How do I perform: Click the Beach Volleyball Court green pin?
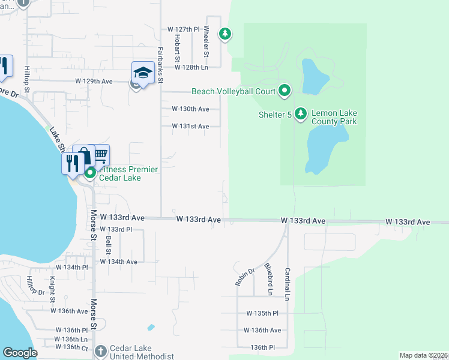point(285,91)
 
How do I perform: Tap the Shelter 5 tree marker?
point(301,113)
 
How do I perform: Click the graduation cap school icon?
point(143,73)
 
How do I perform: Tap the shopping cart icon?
point(100,155)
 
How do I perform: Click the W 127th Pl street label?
point(183,29)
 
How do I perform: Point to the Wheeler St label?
point(206,41)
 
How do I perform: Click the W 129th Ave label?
point(94,81)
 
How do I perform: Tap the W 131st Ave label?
point(190,127)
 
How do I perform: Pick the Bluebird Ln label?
point(268,279)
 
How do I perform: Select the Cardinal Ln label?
point(288,284)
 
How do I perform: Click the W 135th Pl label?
point(262,313)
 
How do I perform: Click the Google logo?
point(20,353)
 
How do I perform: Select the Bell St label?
point(109,244)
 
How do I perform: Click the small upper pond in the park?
point(315,77)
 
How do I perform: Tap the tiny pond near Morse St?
point(151,328)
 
